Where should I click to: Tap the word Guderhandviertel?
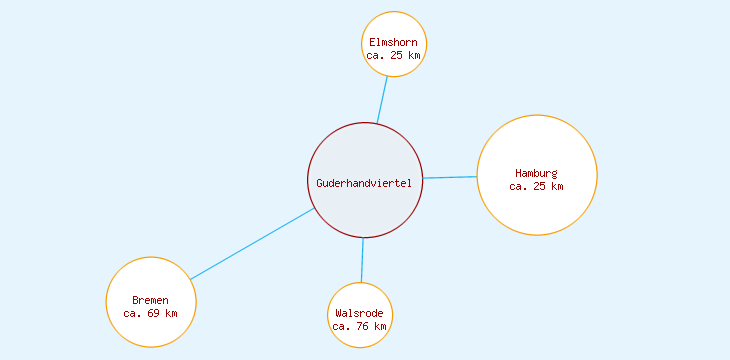pos(364,183)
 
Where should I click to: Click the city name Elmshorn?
pos(394,43)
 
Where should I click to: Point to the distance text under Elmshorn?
pos(394,56)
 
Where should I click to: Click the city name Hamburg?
pos(537,173)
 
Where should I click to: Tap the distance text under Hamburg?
pos(537,186)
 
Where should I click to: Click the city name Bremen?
pos(151,300)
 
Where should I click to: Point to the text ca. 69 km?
pos(151,313)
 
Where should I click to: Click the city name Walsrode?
pos(360,313)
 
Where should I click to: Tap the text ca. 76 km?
pos(360,326)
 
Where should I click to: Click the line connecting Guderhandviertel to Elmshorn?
pos(382,100)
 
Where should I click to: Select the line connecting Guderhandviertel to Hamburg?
pos(450,177)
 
